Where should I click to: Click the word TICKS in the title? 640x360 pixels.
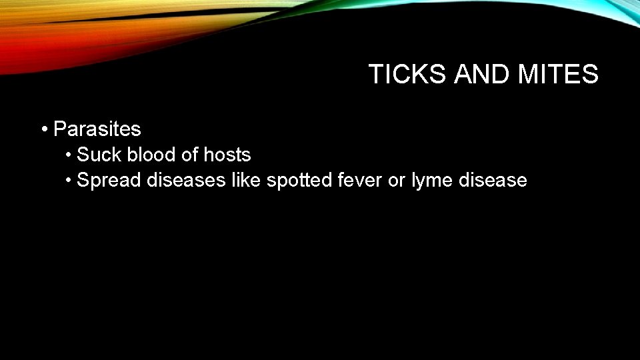pyautogui.click(x=407, y=74)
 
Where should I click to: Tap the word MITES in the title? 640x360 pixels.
pyautogui.click(x=559, y=74)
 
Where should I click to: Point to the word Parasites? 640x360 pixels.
pyautogui.click(x=97, y=128)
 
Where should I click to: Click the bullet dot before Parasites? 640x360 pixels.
pyautogui.click(x=43, y=128)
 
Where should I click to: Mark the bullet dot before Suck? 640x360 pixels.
pyautogui.click(x=69, y=155)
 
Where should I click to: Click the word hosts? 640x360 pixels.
pyautogui.click(x=227, y=155)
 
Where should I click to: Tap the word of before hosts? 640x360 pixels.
pyautogui.click(x=190, y=155)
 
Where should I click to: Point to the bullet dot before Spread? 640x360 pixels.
pyautogui.click(x=69, y=180)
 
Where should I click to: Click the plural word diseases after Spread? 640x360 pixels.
pyautogui.click(x=186, y=180)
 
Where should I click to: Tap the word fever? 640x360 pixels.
pyautogui.click(x=358, y=180)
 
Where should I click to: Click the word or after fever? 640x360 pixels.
pyautogui.click(x=397, y=180)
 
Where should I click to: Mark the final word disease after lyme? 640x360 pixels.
pyautogui.click(x=492, y=180)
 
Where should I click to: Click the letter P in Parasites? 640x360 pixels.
pyautogui.click(x=59, y=128)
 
